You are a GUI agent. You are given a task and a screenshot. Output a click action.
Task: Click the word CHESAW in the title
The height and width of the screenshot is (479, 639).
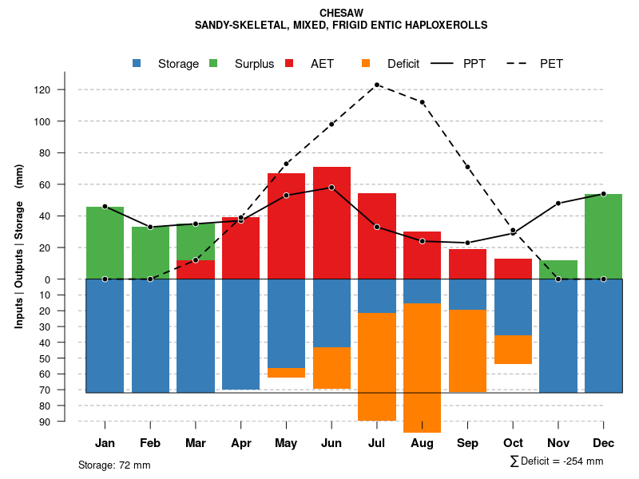(340, 14)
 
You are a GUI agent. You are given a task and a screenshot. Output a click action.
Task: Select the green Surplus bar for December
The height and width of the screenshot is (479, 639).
(603, 236)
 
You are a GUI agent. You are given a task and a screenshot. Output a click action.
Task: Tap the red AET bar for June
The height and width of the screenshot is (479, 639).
(331, 224)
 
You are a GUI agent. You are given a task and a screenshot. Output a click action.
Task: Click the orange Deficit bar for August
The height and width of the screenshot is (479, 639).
(422, 367)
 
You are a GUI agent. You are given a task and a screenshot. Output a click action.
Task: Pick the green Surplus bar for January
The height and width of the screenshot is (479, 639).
(105, 243)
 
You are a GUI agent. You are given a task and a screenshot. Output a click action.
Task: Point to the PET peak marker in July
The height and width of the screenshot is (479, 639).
(377, 85)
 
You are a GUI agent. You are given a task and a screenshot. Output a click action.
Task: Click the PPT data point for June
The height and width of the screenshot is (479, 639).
(331, 188)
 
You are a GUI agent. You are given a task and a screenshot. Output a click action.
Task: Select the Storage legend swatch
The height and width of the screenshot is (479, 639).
(137, 64)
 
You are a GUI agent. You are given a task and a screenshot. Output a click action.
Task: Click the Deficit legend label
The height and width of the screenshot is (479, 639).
(403, 64)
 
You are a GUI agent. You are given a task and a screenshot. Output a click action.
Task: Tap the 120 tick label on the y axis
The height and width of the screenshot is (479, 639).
(42, 89)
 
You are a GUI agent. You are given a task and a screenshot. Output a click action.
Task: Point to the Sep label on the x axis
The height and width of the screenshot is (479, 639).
(467, 443)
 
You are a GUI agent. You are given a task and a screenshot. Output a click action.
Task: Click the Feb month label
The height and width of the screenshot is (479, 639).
(150, 443)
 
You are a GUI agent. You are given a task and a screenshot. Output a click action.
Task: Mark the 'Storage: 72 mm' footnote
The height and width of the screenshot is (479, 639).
(114, 465)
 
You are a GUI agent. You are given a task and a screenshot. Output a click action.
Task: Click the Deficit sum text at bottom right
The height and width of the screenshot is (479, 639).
(556, 461)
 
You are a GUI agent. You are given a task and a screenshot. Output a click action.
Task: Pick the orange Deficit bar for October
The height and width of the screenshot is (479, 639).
(513, 350)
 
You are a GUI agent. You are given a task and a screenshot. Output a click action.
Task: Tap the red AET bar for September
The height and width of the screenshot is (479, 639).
(467, 264)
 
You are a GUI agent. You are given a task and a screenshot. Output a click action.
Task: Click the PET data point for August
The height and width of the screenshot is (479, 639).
(422, 102)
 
